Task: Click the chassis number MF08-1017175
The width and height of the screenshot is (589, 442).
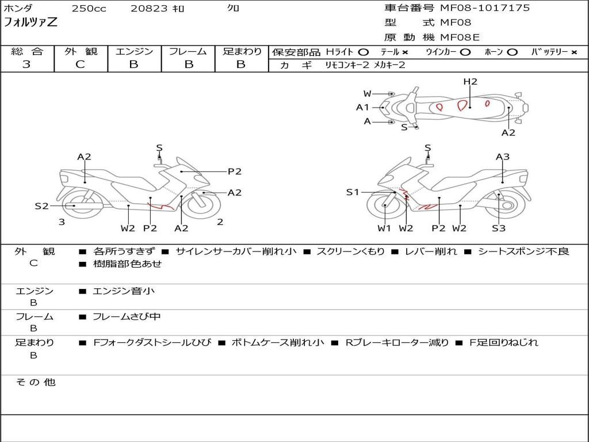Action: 485,8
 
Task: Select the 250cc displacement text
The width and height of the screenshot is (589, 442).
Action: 89,9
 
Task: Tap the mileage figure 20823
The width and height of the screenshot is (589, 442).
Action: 149,9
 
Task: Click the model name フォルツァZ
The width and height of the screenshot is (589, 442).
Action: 30,23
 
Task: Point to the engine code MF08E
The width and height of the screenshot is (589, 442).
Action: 460,37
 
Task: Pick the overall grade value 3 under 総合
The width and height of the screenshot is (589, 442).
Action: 26,64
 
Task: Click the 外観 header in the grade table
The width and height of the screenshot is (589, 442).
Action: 81,51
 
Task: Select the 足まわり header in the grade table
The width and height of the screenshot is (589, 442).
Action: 242,51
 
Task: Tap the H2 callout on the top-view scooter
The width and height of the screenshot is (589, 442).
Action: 471,82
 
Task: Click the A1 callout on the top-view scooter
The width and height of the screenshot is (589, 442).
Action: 362,107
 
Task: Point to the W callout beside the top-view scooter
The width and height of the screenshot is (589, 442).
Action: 367,94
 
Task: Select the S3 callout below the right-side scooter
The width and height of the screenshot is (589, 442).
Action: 498,228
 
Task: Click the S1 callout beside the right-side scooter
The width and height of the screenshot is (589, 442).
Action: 353,192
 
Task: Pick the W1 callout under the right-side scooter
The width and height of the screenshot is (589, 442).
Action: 384,228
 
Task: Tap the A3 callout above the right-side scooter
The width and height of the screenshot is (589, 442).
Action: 503,157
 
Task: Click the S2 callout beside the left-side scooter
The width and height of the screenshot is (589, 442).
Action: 41,205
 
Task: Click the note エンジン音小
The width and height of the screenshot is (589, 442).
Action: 124,291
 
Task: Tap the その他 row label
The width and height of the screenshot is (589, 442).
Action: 35,382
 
